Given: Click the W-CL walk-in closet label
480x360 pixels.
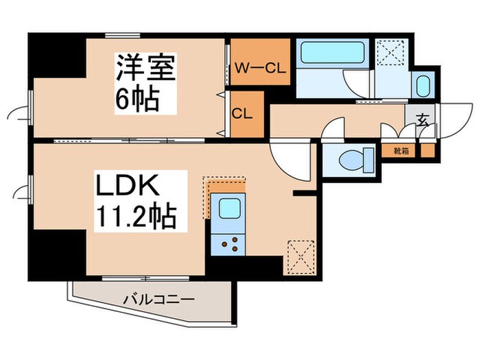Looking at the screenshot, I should (x=260, y=68).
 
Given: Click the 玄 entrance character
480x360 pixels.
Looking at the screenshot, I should (x=422, y=121).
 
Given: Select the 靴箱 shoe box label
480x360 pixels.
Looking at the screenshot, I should (x=401, y=149).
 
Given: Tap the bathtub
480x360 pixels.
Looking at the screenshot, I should (x=326, y=53).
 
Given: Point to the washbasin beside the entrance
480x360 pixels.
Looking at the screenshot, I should (x=423, y=86).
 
